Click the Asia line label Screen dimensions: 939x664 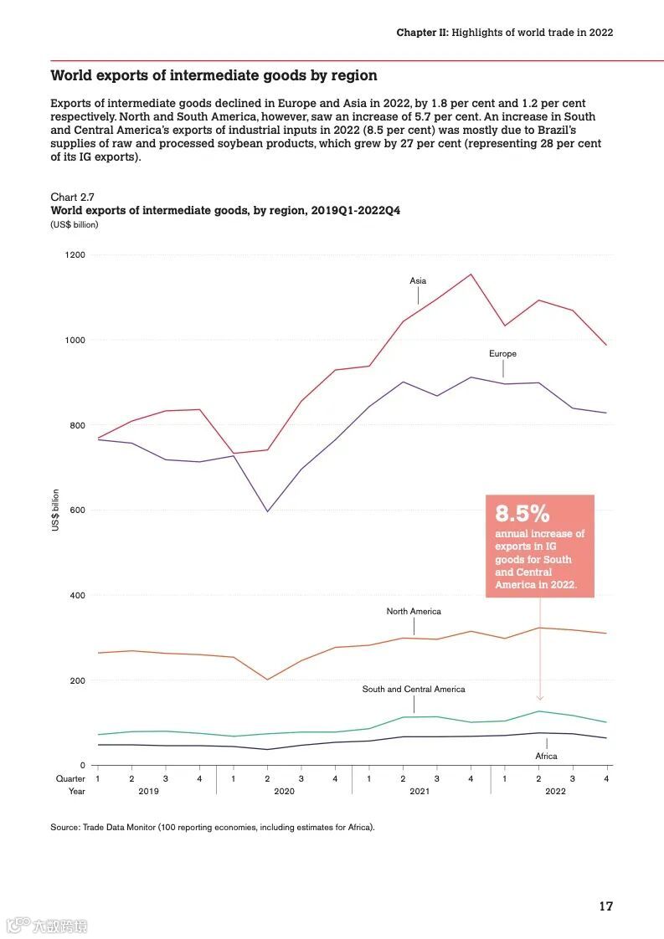[418, 281]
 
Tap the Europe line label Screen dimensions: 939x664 [502, 354]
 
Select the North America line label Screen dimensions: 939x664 [414, 612]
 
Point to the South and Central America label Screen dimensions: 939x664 [414, 690]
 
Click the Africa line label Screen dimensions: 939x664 [546, 757]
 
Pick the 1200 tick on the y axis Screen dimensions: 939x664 [75, 255]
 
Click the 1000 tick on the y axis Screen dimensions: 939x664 [75, 341]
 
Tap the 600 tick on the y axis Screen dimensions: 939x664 [77, 511]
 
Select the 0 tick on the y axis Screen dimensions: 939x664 [82, 766]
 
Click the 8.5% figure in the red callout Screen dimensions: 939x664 [522, 513]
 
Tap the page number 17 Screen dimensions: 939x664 [605, 906]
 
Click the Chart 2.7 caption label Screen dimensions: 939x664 [72, 198]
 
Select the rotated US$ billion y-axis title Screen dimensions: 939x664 [56, 510]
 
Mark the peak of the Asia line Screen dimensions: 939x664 [471, 275]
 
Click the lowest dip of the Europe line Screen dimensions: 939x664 [267, 511]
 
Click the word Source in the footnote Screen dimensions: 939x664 [64, 828]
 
